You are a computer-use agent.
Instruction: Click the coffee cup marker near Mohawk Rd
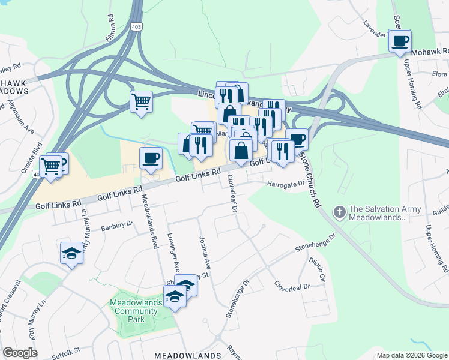click(400, 41)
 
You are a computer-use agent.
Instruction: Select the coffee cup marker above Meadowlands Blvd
click(150, 158)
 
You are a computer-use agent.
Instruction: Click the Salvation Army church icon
click(339, 212)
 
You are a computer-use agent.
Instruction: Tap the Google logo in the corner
click(20, 353)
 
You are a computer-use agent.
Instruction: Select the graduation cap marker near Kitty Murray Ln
click(71, 253)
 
